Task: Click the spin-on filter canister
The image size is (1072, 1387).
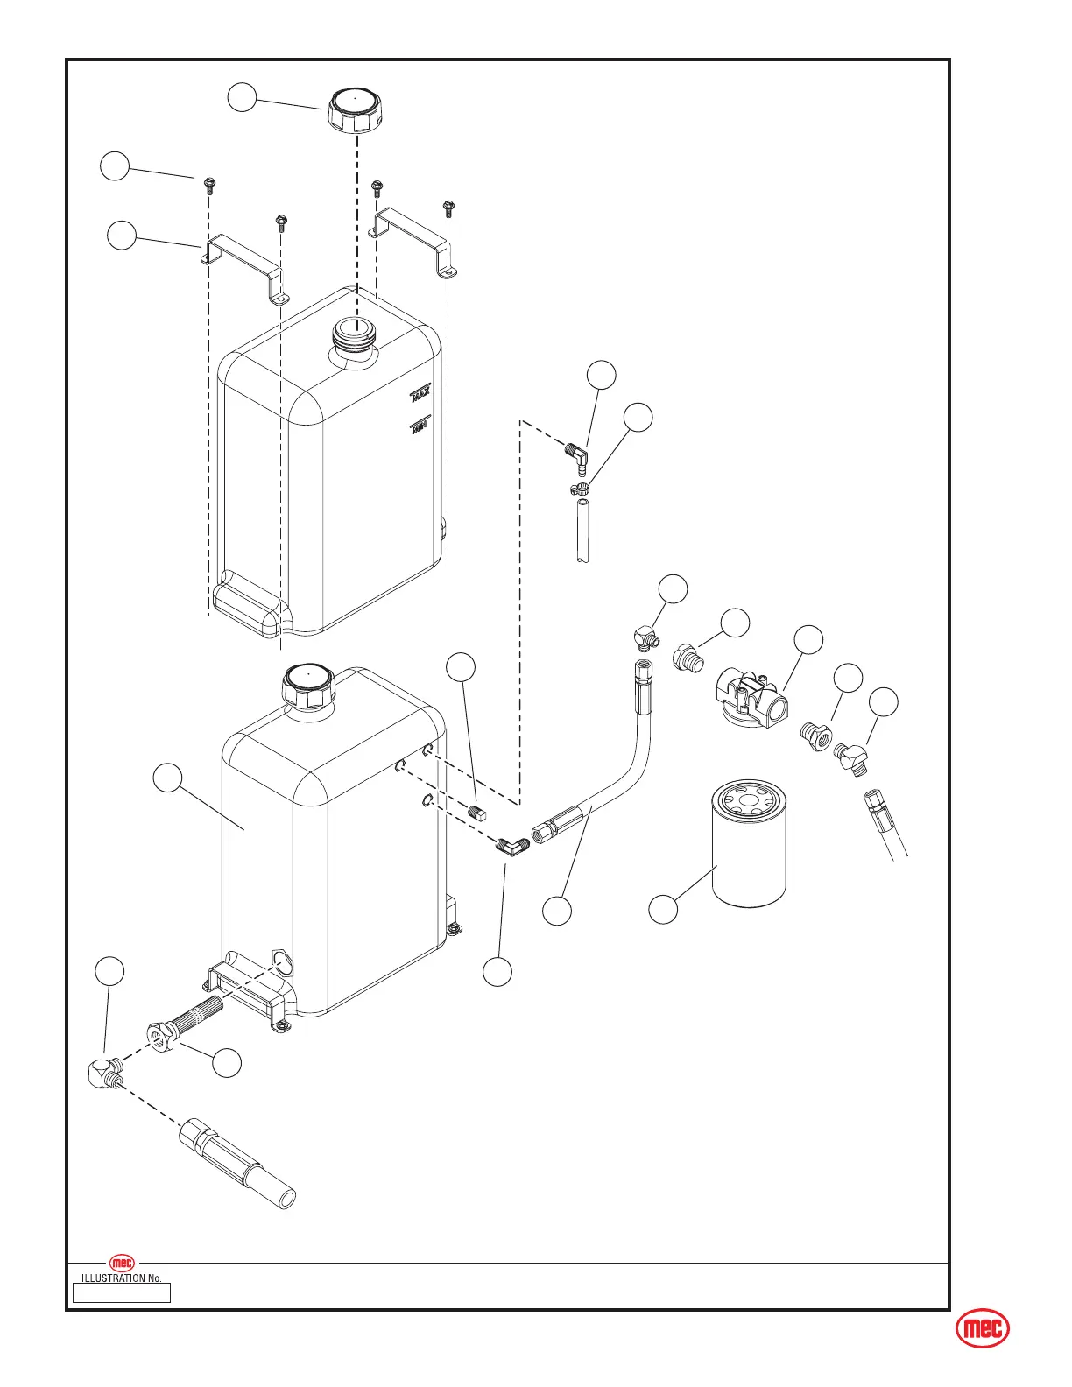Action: [x=749, y=846]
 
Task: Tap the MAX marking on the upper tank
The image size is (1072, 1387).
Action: [x=421, y=397]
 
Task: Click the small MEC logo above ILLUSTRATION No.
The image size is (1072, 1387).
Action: [x=122, y=1263]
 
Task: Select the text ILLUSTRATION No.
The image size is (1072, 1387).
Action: [x=122, y=1278]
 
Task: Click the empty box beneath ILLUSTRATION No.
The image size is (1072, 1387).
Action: [x=122, y=1292]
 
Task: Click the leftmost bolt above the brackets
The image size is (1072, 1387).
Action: [x=208, y=184]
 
